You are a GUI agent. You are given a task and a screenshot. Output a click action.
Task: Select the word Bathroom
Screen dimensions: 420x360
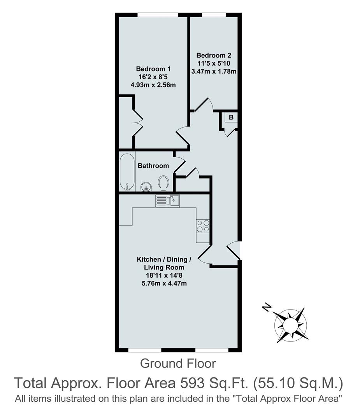[153, 166]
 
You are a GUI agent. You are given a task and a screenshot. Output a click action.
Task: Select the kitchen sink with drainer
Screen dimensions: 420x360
[167, 201]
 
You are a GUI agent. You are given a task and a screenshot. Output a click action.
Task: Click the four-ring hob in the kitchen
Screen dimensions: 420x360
[203, 226]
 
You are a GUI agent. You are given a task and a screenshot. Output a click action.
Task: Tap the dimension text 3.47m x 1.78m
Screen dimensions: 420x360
[213, 71]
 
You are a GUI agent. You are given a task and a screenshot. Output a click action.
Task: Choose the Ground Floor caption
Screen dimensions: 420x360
[177, 364]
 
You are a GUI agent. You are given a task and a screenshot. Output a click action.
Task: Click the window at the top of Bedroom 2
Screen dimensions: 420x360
[214, 15]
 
